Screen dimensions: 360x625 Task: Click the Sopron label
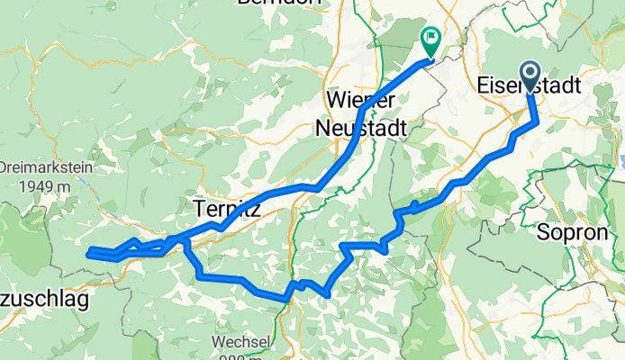pyautogui.click(x=566, y=231)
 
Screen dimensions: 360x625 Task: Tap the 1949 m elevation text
pyautogui.click(x=41, y=185)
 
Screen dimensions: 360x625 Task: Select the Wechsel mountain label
pyautogui.click(x=240, y=343)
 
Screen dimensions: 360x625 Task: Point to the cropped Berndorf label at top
pyautogui.click(x=279, y=3)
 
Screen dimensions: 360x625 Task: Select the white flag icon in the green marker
pyautogui.click(x=430, y=38)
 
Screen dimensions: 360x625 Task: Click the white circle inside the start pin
pyautogui.click(x=528, y=72)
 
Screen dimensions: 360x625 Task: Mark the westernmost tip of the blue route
pyautogui.click(x=87, y=255)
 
